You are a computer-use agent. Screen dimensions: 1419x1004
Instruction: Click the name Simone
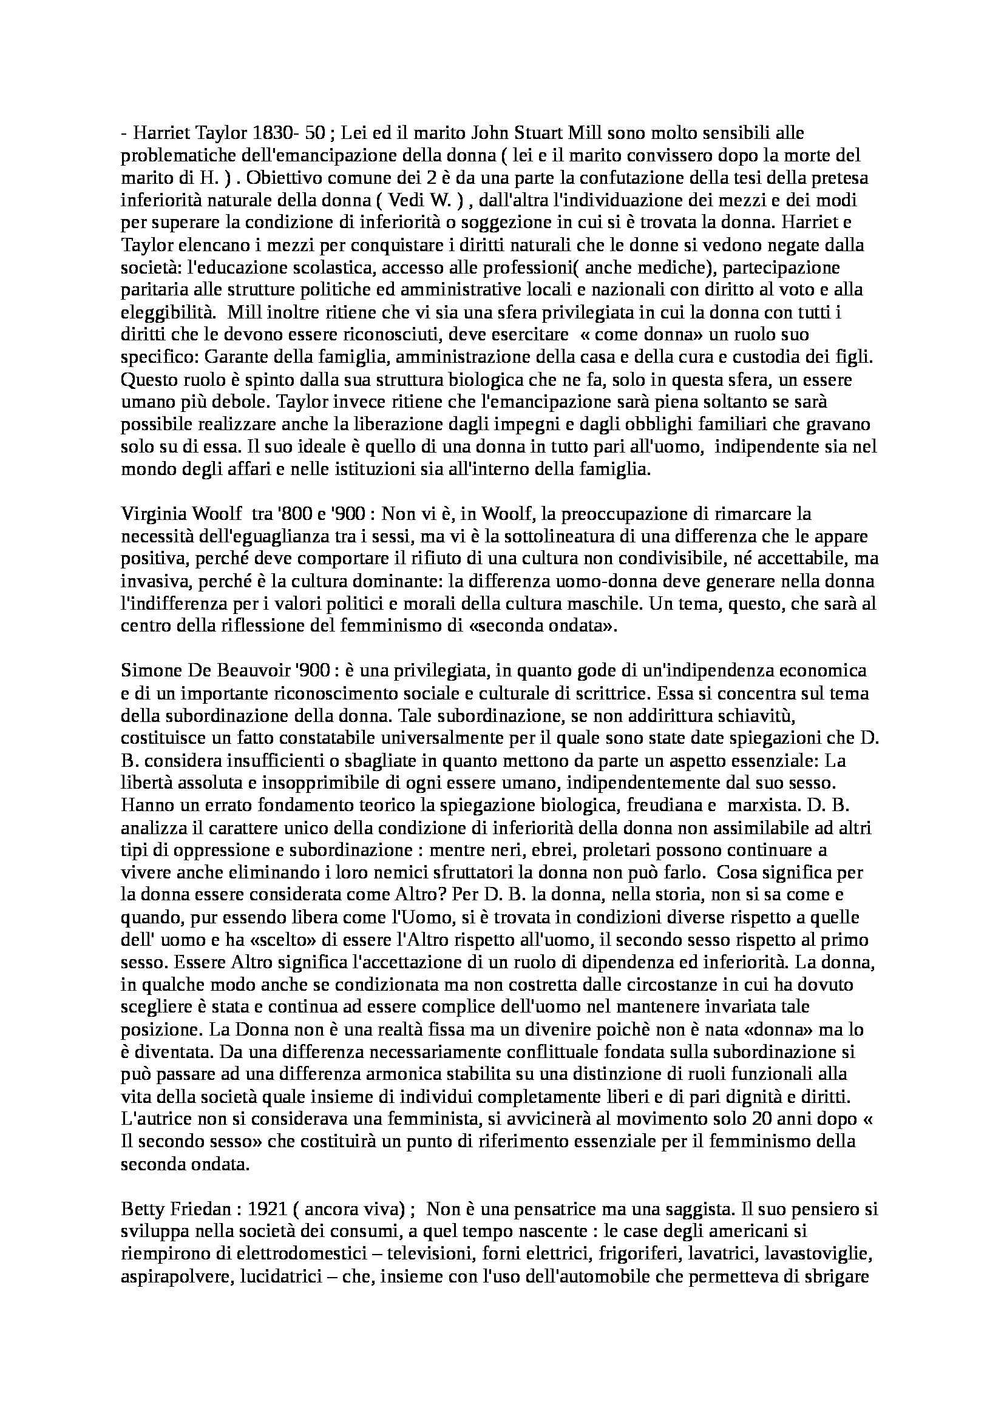146,670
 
